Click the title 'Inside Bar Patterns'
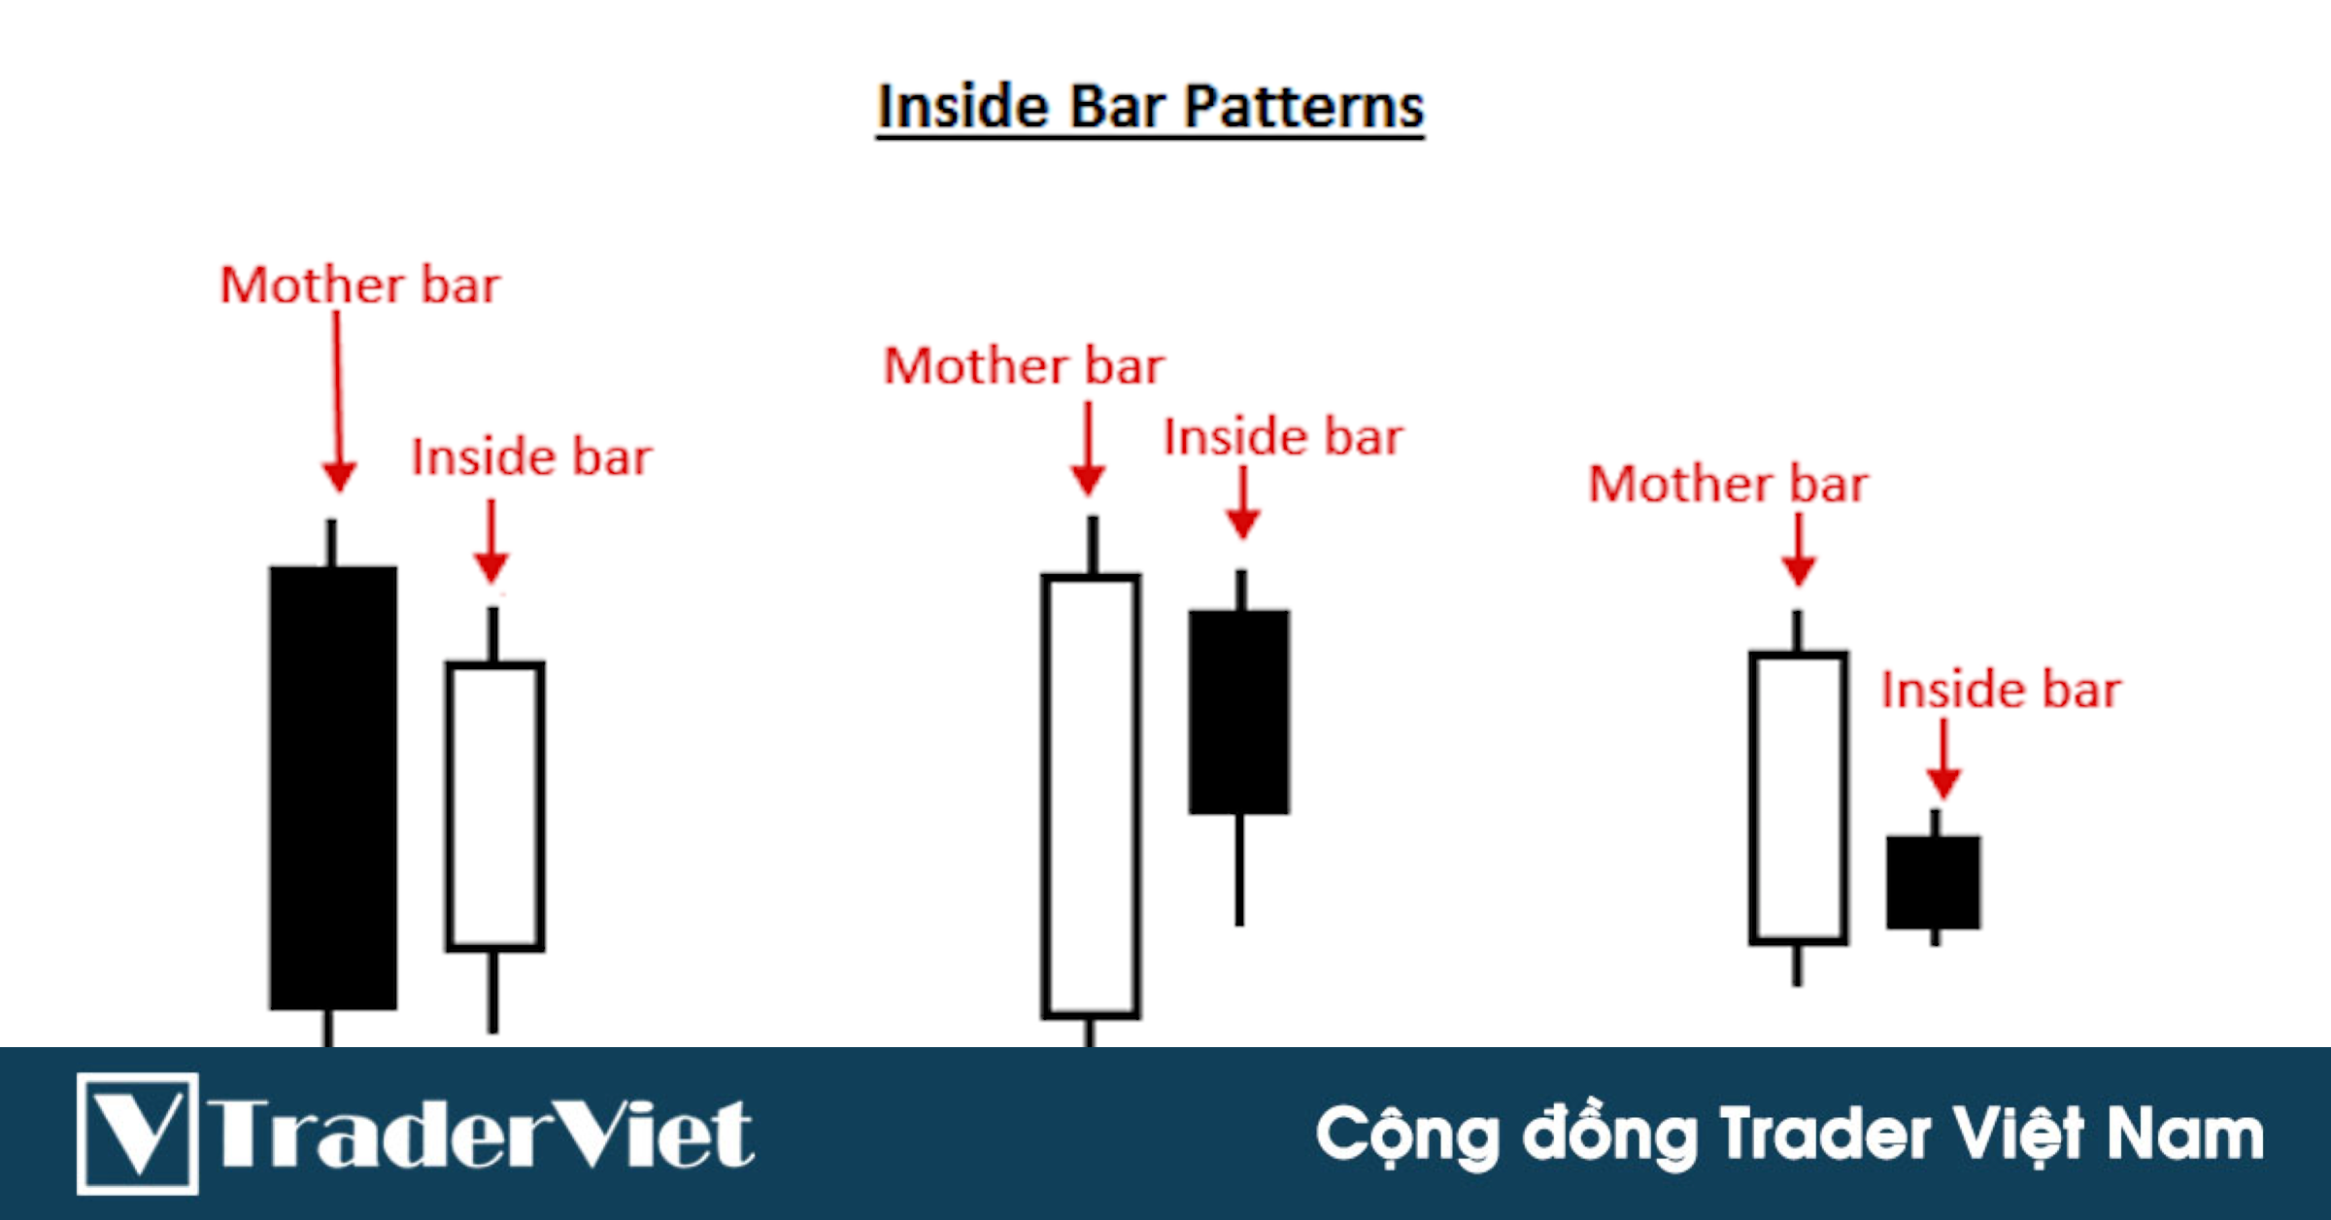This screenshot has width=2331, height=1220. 1150,107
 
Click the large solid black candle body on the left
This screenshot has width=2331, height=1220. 333,787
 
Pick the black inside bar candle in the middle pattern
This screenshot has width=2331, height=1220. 1239,711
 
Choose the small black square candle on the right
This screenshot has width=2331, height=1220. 1933,882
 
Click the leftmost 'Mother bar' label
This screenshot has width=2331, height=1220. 359,286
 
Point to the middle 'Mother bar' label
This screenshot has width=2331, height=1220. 1023,366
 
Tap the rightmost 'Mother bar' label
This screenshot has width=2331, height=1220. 1728,485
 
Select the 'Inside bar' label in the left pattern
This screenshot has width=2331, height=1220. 531,457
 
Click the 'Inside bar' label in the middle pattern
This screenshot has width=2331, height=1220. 1283,437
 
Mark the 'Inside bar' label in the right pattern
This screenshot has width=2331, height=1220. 2001,691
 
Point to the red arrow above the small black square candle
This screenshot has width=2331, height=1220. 1943,758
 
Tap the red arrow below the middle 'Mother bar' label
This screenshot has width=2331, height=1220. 1088,449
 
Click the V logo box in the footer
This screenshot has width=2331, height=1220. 138,1133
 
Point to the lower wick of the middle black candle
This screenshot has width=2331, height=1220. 1239,869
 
